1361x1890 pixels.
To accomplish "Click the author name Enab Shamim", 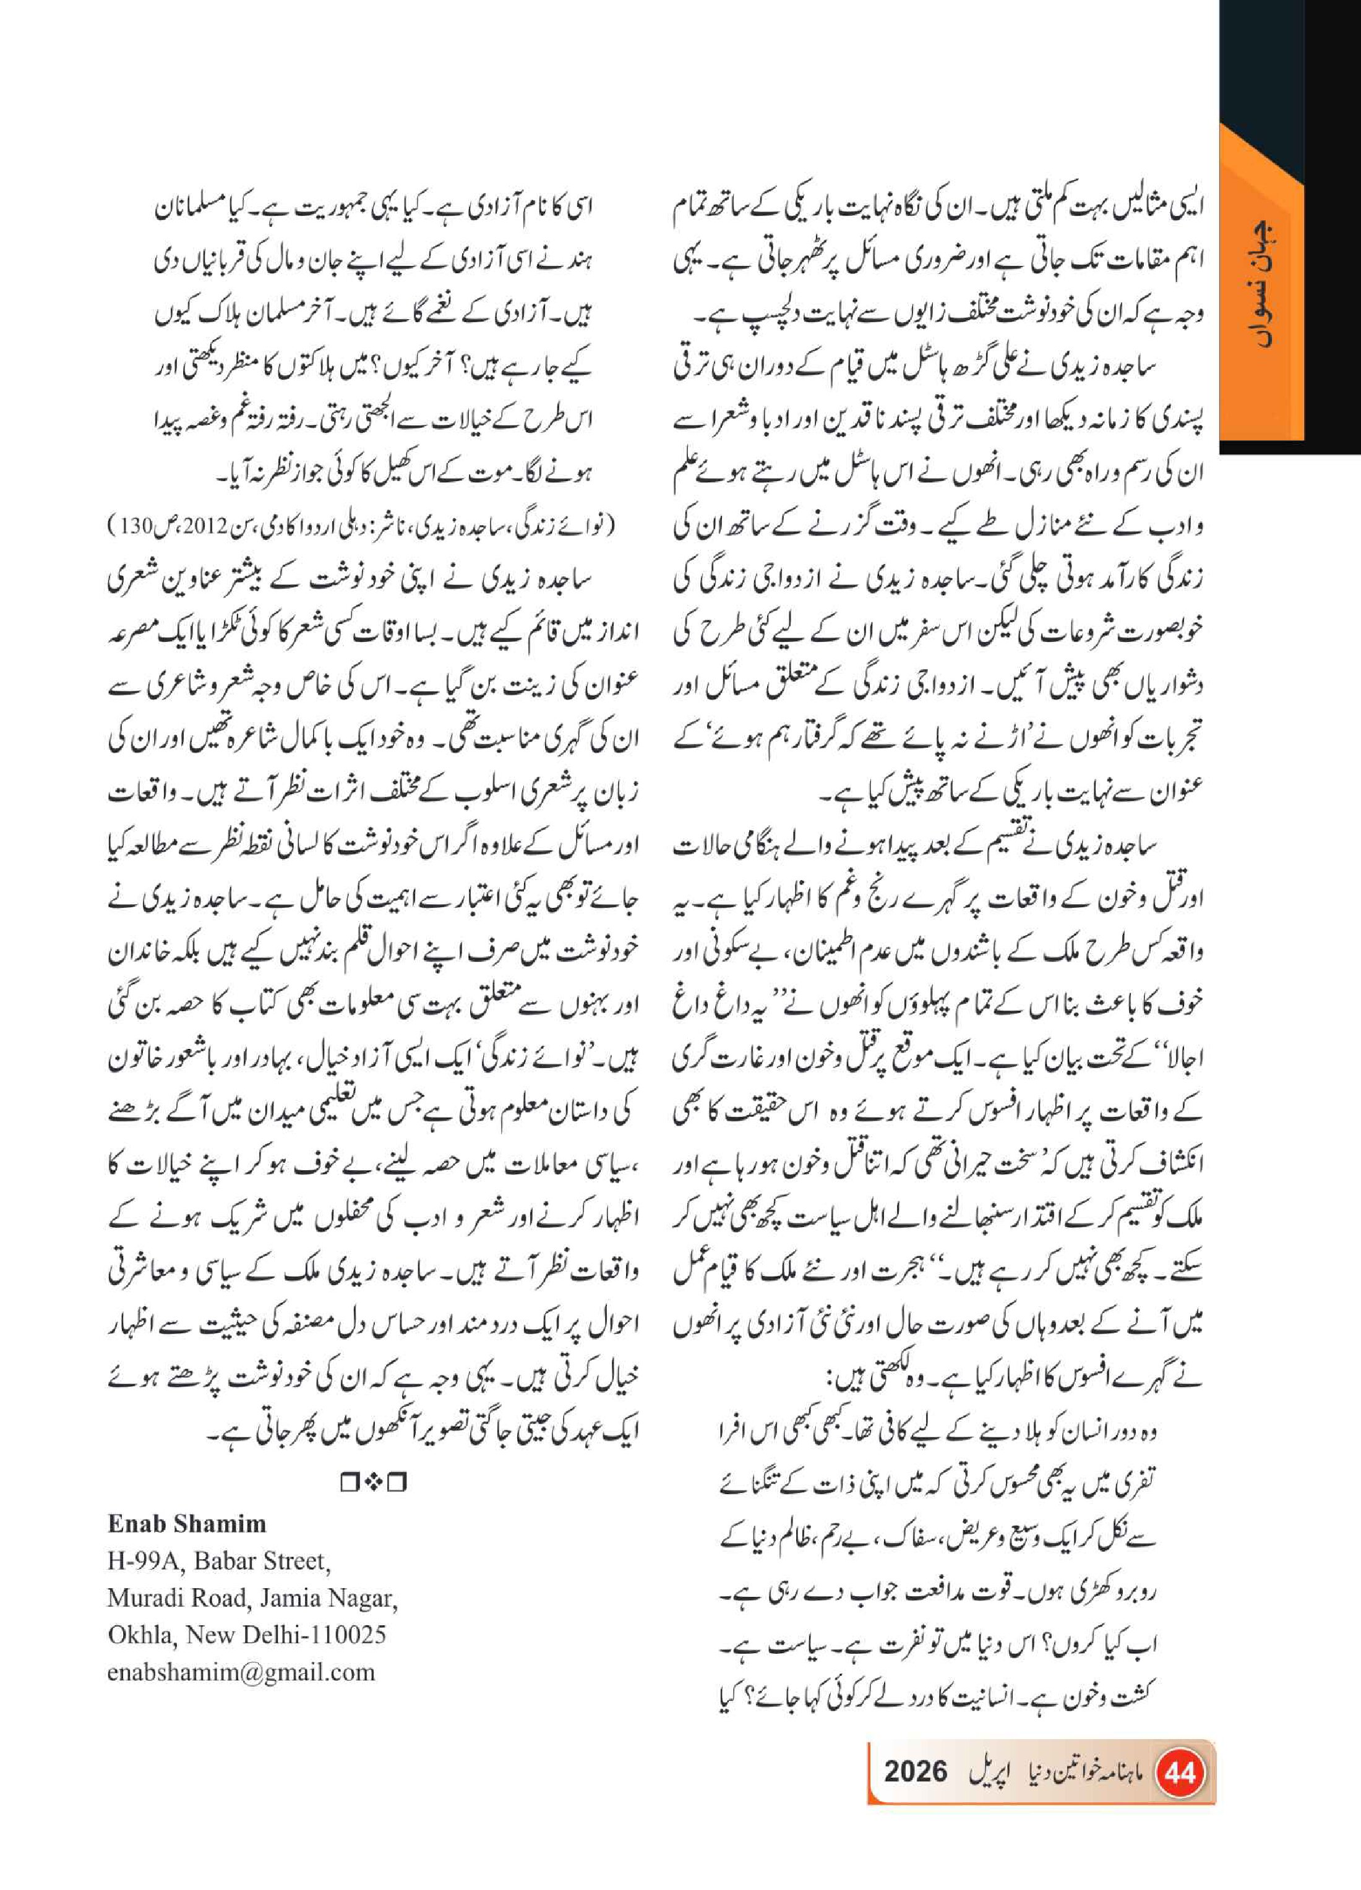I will point(187,1524).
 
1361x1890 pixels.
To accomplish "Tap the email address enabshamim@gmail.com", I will point(241,1672).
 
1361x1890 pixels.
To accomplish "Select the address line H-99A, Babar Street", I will point(218,1561).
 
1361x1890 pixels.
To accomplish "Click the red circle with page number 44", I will point(1180,1772).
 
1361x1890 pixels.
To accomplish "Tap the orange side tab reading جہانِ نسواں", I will point(1261,283).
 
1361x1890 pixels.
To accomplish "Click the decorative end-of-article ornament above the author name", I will point(372,1483).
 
